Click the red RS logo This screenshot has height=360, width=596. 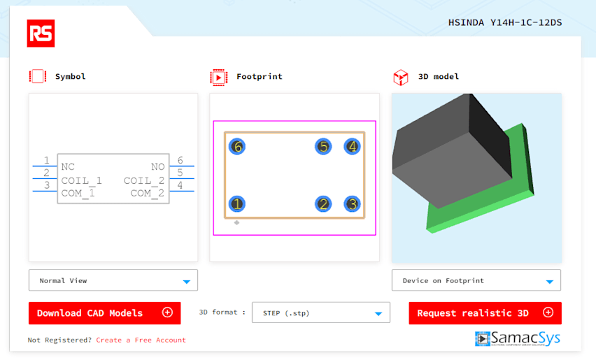coord(41,34)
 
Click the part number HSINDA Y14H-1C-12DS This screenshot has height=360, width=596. coord(505,23)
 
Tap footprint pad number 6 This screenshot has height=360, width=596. coord(237,146)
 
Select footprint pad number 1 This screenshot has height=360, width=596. coord(237,204)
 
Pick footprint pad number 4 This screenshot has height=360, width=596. coord(353,146)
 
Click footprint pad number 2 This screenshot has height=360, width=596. coord(323,204)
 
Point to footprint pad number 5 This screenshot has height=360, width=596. coord(323,146)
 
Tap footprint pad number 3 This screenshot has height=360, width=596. coord(353,204)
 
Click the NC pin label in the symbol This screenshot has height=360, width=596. coord(68,166)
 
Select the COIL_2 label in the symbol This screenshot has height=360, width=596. coord(144,180)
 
